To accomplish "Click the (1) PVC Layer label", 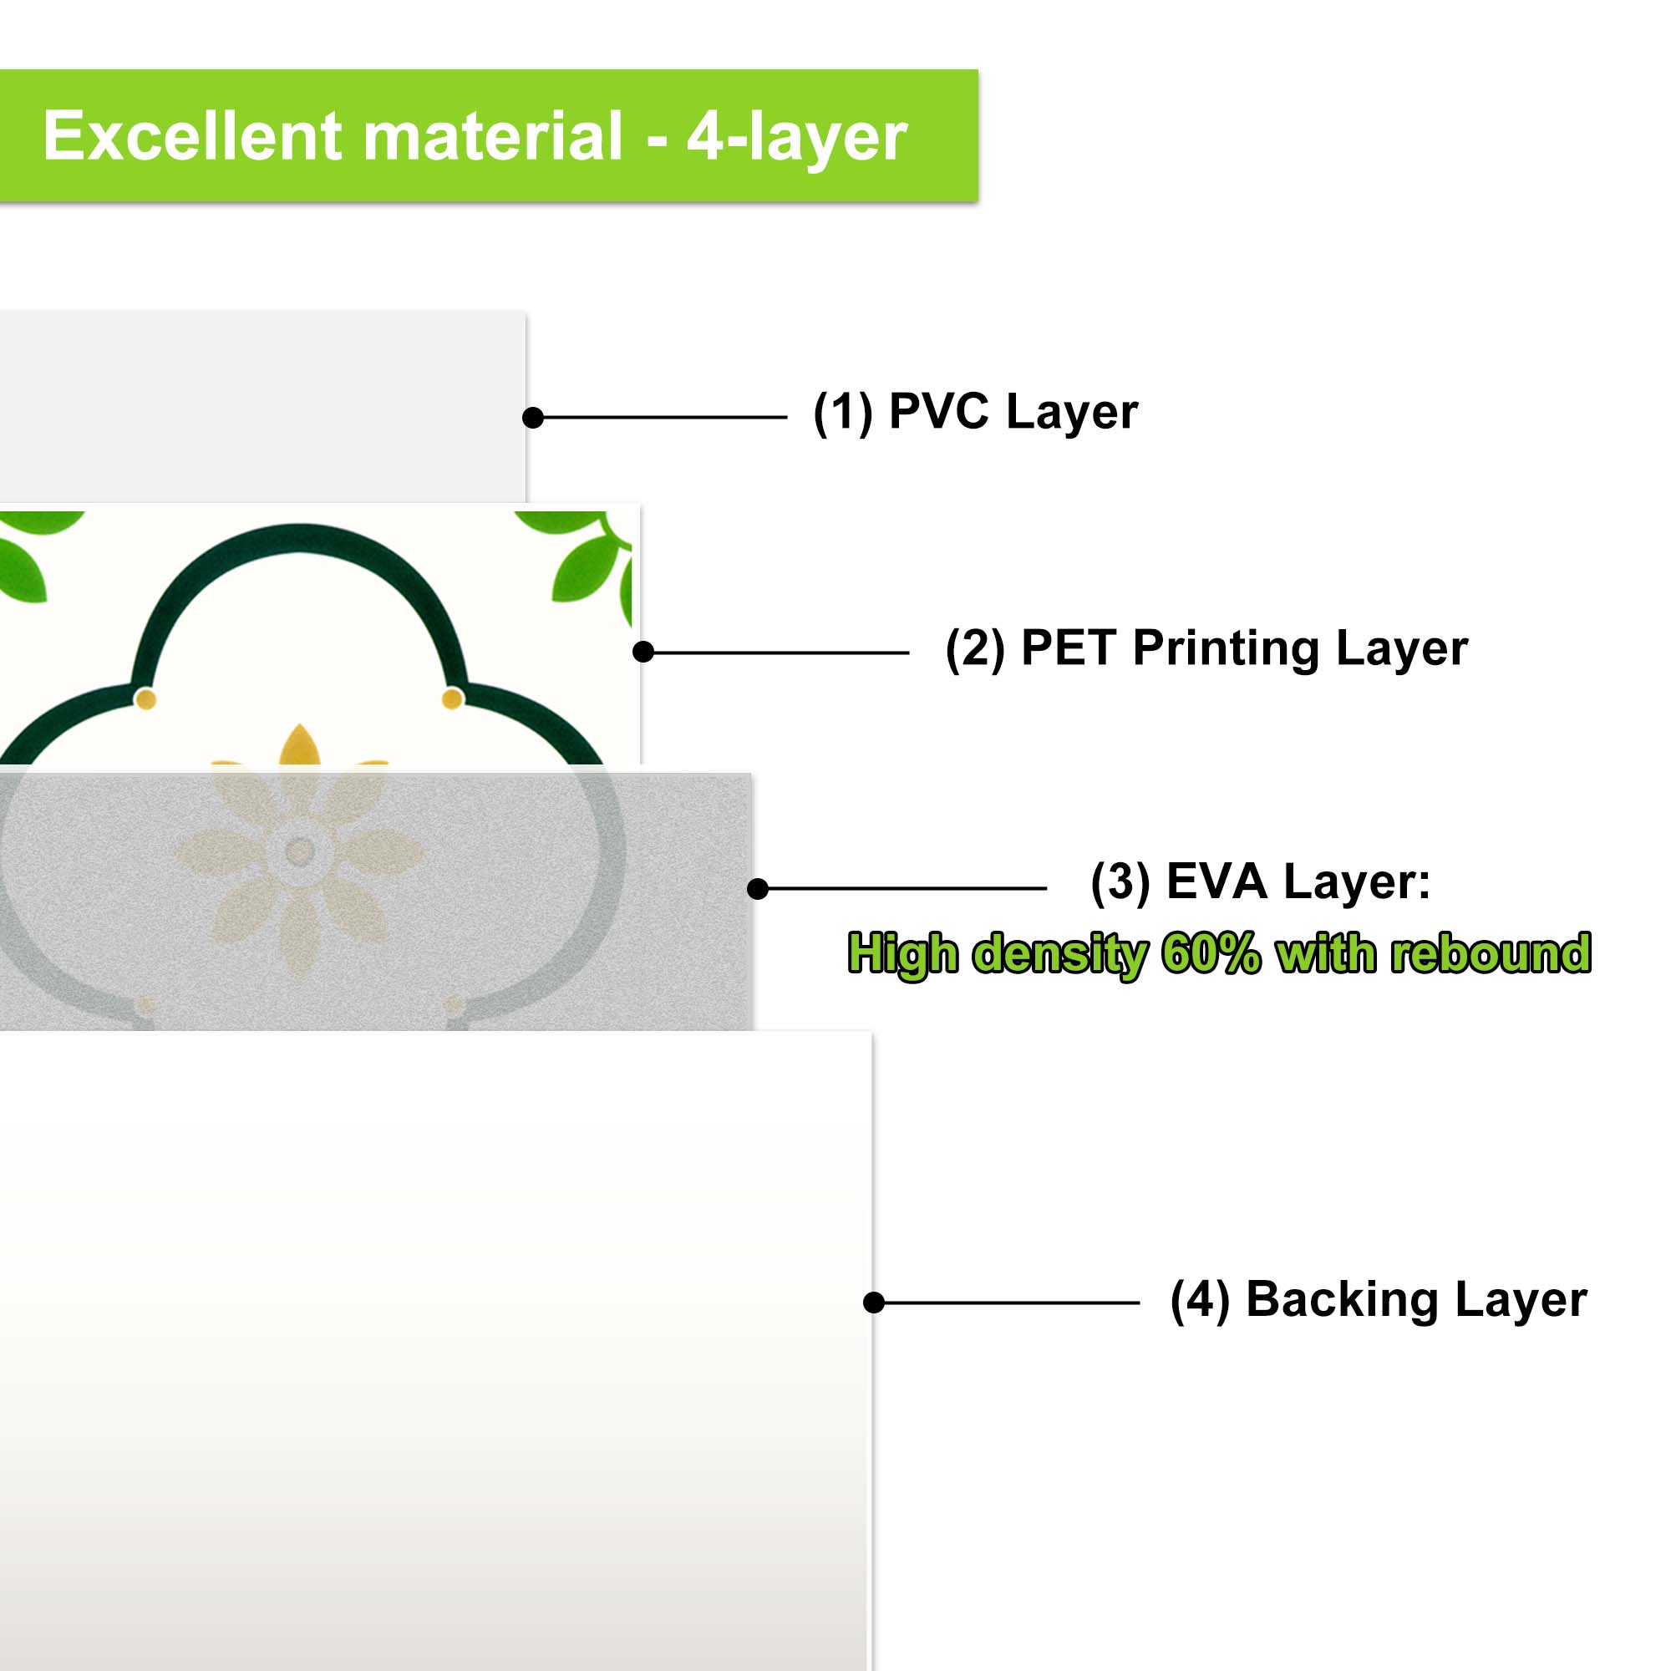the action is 976,412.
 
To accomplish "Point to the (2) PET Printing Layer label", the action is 1206,648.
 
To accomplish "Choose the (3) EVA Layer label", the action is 1260,882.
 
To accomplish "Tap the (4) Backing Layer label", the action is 1379,1300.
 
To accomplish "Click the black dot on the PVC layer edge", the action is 533,418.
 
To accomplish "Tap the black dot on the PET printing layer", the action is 642,653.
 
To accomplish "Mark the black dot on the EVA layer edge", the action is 758,888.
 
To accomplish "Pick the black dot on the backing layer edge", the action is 874,1303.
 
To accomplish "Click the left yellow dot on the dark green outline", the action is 145,698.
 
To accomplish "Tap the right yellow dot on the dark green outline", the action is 452,698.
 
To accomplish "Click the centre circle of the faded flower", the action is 299,852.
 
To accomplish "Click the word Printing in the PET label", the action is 1226,649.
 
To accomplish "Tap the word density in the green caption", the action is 1060,955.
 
